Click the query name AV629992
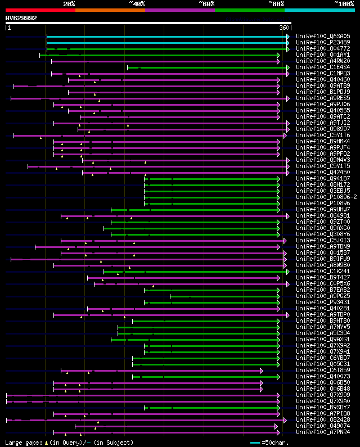[21, 18]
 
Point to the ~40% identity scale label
[137, 3]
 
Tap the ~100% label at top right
[344, 3]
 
